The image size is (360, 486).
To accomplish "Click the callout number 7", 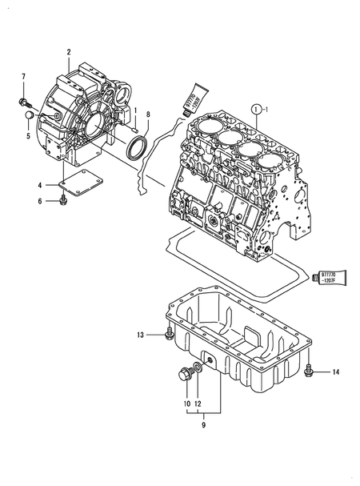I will [23, 77].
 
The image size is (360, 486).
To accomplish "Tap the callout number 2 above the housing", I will [69, 52].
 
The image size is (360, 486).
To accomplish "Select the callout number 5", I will [28, 135].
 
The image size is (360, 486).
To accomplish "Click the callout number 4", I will [38, 187].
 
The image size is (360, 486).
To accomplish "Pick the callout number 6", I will [38, 201].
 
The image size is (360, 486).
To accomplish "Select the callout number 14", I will [336, 372].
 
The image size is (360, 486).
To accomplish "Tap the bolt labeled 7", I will [23, 101].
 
